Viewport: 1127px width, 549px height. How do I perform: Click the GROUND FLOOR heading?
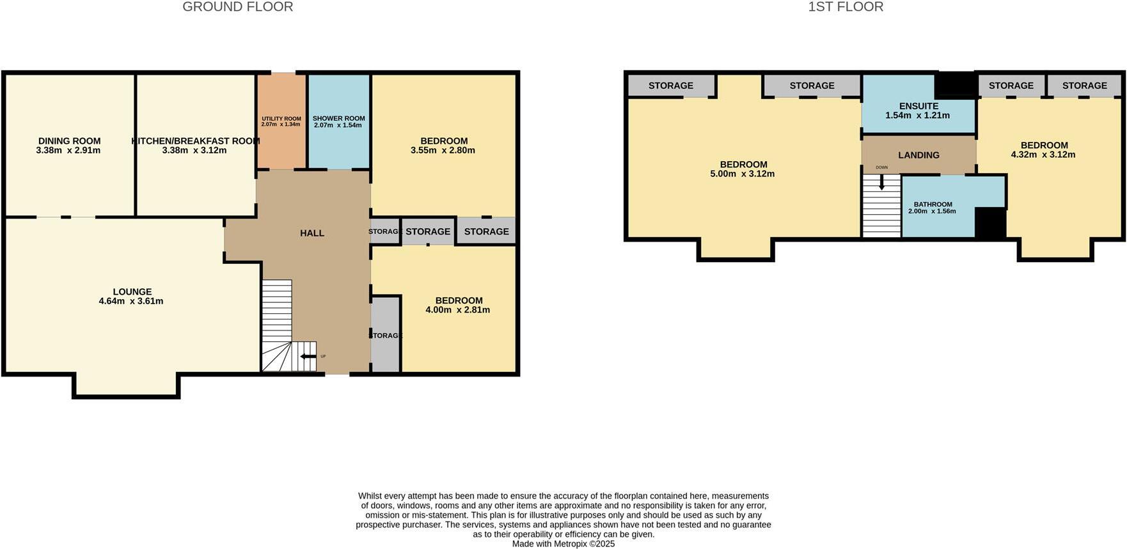[x=237, y=7]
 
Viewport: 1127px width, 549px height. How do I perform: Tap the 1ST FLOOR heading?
[x=845, y=7]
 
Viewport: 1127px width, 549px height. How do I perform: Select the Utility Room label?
[x=281, y=119]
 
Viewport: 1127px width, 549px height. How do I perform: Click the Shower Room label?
[x=338, y=119]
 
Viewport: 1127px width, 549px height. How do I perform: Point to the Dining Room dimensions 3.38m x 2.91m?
[x=68, y=150]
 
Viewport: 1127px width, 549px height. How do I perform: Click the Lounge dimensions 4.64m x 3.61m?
[x=131, y=301]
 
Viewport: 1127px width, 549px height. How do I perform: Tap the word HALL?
[x=312, y=233]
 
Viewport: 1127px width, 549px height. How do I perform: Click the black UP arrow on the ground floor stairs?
[x=308, y=357]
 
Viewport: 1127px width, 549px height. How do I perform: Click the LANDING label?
[x=918, y=155]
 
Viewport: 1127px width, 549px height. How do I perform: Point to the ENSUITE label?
[x=918, y=106]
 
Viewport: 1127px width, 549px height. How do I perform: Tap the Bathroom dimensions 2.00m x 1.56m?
[x=932, y=211]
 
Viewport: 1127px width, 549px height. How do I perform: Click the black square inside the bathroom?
[x=990, y=224]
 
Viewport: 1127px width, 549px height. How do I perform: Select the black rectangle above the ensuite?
[x=955, y=84]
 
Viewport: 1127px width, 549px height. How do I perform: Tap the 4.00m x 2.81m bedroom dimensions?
[x=457, y=310]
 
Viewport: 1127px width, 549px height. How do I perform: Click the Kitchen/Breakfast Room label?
[x=195, y=141]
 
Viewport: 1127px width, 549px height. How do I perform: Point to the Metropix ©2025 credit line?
[x=563, y=544]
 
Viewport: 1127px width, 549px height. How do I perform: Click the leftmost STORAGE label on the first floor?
[x=670, y=86]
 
